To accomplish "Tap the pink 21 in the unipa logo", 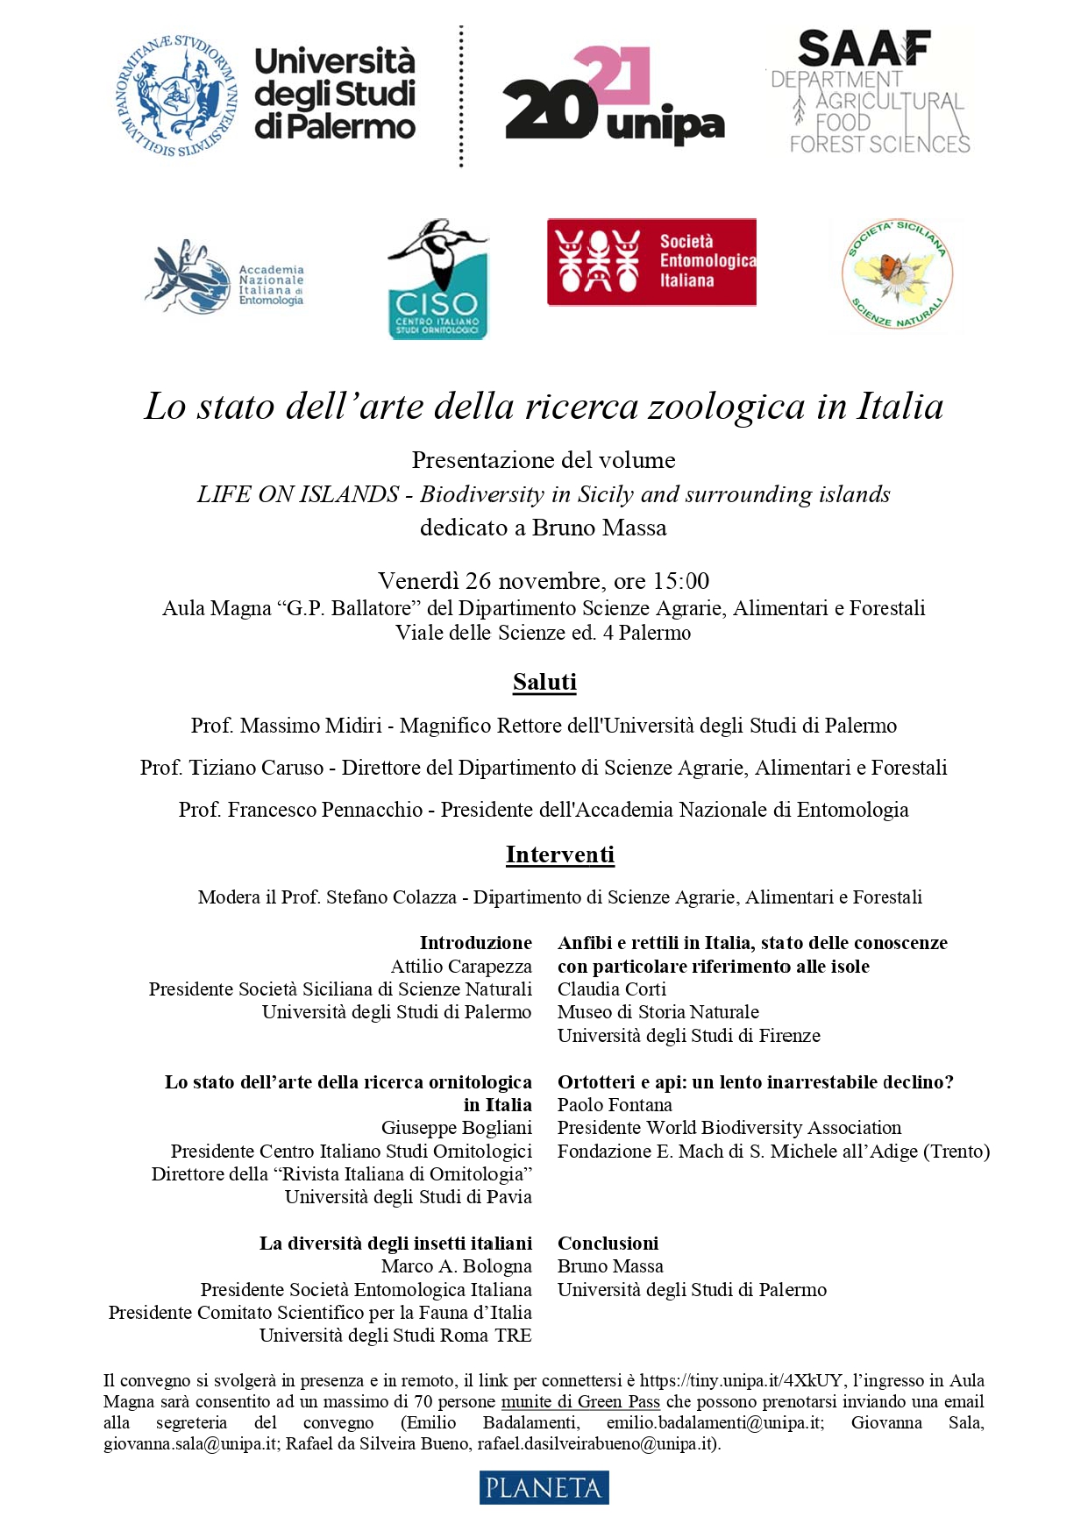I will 613,74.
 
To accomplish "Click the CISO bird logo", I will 437,280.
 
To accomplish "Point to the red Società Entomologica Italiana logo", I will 651,262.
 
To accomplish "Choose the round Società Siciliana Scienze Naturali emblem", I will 897,275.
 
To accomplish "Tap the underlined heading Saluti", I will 544,682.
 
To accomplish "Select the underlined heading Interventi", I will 560,854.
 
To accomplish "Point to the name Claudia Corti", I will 612,989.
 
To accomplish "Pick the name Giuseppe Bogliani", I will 456,1127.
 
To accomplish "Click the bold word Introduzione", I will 475,942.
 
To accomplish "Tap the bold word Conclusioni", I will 608,1243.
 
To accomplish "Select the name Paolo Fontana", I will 615,1104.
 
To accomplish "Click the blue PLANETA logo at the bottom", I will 544,1487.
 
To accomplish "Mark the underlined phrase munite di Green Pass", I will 580,1401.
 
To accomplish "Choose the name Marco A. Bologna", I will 456,1265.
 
